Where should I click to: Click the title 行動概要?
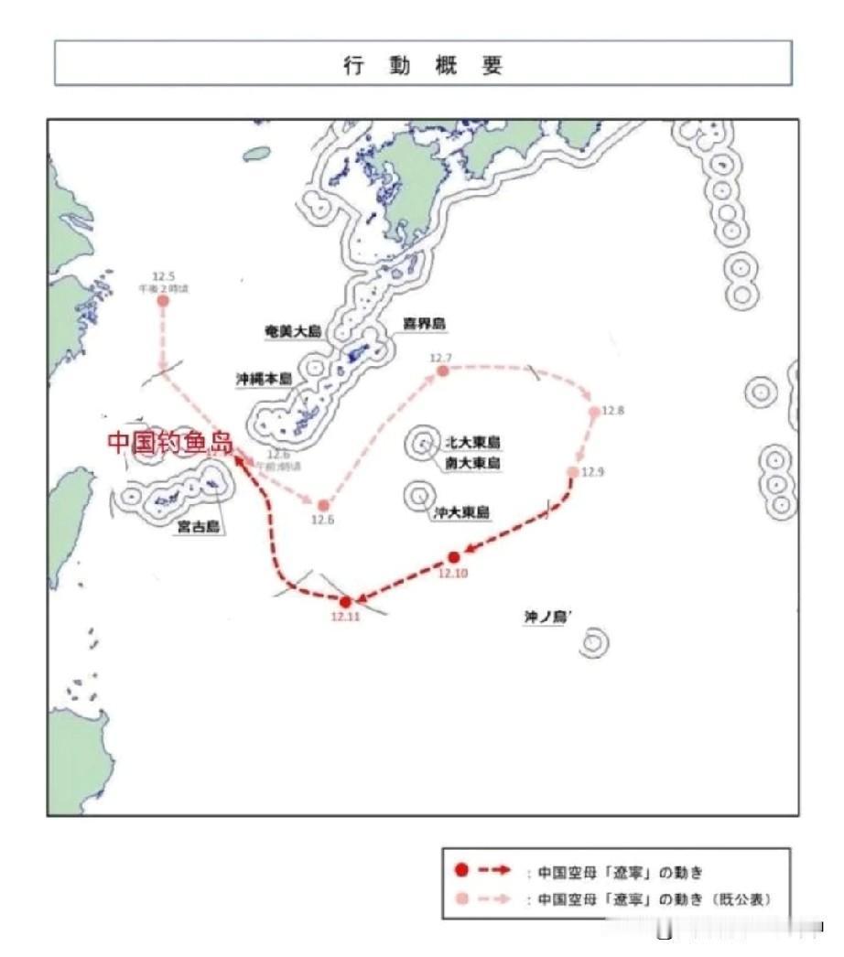423,65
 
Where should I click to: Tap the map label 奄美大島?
291,333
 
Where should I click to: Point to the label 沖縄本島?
265,379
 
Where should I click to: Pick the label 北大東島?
472,443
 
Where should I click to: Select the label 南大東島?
472,464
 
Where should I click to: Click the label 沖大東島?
461,513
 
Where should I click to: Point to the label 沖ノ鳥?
547,618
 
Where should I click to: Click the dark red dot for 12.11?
345,602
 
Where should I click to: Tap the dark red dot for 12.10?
454,557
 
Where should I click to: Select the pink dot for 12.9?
573,472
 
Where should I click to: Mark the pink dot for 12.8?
594,412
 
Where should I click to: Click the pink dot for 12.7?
442,371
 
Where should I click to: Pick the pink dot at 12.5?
163,300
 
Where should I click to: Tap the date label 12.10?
452,573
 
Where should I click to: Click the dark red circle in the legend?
462,872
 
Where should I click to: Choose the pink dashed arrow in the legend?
494,899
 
